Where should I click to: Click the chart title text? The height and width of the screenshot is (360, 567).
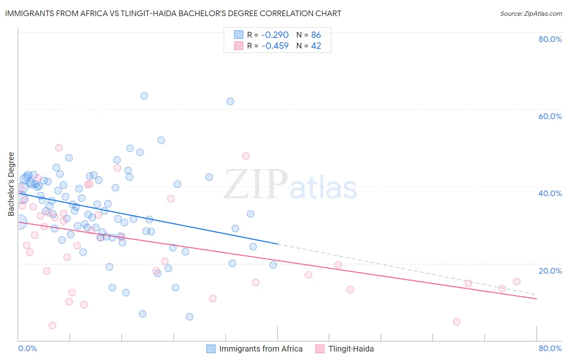pyautogui.click(x=173, y=13)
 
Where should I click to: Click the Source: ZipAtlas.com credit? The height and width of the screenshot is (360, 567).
pyautogui.click(x=531, y=13)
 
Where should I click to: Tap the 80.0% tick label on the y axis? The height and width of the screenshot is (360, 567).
pyautogui.click(x=550, y=39)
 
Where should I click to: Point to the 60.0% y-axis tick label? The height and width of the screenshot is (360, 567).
pyautogui.click(x=550, y=116)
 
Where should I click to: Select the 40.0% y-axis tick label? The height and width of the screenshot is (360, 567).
pyautogui.click(x=550, y=193)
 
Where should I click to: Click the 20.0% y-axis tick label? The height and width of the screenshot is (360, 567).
pyautogui.click(x=550, y=270)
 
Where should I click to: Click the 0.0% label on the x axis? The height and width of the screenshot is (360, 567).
pyautogui.click(x=27, y=348)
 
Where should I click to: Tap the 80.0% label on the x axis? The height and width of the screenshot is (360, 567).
pyautogui.click(x=550, y=348)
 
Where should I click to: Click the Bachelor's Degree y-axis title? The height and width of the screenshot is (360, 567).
pyautogui.click(x=11, y=184)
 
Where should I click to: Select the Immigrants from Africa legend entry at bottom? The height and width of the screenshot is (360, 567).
pyautogui.click(x=261, y=349)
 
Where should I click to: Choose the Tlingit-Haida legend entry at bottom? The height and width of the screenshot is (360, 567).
pyautogui.click(x=351, y=349)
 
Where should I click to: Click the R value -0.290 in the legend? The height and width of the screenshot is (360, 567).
pyautogui.click(x=275, y=35)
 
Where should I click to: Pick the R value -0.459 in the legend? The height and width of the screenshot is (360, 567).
pyautogui.click(x=275, y=46)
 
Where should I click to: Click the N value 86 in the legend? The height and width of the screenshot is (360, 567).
pyautogui.click(x=316, y=35)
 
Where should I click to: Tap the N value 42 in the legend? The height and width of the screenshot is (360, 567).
pyautogui.click(x=316, y=46)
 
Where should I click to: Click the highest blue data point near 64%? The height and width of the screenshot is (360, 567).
pyautogui.click(x=144, y=96)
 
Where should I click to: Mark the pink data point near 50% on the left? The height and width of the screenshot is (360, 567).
pyautogui.click(x=59, y=148)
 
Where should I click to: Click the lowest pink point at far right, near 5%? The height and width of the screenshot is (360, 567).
pyautogui.click(x=457, y=322)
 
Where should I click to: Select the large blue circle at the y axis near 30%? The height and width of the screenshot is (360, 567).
pyautogui.click(x=19, y=222)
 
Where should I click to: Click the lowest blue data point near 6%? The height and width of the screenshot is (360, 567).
pyautogui.click(x=190, y=317)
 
